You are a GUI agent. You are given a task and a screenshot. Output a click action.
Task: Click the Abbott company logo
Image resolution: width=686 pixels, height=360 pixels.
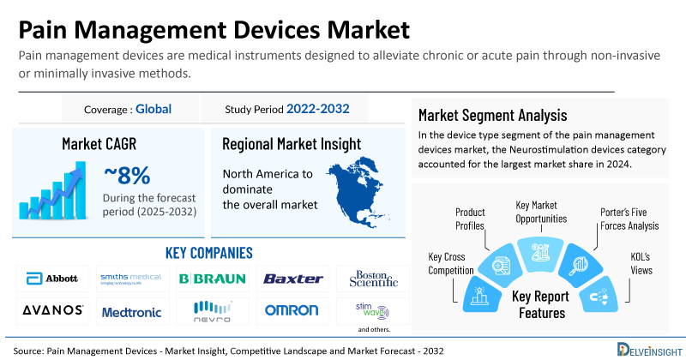click(53, 279)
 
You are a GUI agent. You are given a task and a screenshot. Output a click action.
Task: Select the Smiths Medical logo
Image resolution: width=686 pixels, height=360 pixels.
click(131, 279)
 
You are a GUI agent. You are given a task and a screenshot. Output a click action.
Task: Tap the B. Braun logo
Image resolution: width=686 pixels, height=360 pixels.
click(212, 279)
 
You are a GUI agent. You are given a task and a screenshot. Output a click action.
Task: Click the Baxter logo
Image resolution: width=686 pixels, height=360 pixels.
click(292, 279)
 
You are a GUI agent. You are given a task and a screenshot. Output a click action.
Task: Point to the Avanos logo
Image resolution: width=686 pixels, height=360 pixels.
click(53, 309)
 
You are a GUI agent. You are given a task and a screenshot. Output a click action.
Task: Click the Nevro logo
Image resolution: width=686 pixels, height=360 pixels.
click(212, 309)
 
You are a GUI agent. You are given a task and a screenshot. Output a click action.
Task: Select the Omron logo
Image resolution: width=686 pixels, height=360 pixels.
click(292, 310)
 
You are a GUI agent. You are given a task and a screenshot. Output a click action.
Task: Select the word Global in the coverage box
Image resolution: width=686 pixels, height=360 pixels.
click(153, 109)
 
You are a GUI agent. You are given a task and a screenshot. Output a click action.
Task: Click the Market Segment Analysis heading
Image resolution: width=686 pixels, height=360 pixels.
click(493, 115)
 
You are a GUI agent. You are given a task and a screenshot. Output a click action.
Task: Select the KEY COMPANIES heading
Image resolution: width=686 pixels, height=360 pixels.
click(208, 253)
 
